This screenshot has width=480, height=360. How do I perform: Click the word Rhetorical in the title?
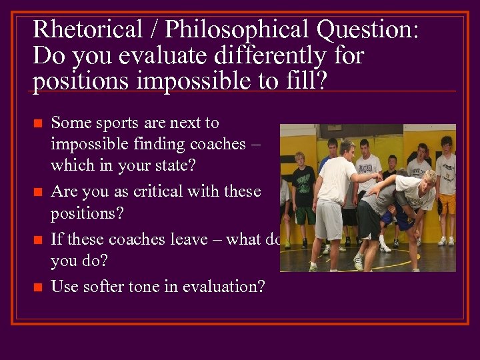point(87,29)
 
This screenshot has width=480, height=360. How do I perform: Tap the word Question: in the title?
point(368,29)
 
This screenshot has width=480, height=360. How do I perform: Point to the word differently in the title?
point(264,55)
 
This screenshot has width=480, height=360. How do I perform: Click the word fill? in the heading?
point(305,81)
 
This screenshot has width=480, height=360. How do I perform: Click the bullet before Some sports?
point(37,124)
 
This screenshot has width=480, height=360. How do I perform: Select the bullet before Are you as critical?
point(37,193)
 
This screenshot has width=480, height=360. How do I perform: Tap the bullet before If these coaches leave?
point(37,240)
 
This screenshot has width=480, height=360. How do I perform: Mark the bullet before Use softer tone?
point(37,288)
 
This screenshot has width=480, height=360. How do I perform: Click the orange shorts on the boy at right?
point(446,204)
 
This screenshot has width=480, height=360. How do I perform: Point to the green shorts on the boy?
point(305,215)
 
